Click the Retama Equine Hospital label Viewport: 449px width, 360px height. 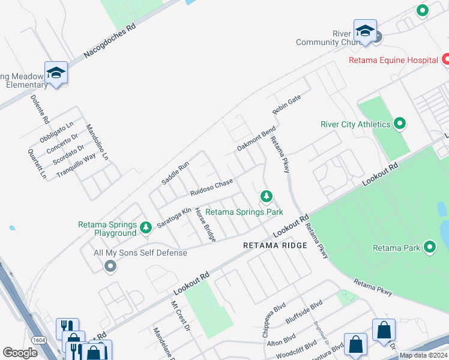pos(394,60)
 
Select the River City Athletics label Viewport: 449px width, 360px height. pos(355,125)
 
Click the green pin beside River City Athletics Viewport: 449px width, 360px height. pos(400,124)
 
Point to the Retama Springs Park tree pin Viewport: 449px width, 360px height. pos(266,196)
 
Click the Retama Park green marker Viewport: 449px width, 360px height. pos(429,247)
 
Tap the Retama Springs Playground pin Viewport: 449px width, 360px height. pos(145,228)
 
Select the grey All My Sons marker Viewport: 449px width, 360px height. pos(109,266)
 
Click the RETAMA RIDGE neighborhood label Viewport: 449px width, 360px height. pos(275,245)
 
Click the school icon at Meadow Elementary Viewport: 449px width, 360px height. pos(56,73)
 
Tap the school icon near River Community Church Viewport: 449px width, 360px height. pos(365,32)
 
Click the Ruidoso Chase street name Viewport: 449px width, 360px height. pos(211,188)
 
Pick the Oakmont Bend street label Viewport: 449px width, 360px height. pos(256,139)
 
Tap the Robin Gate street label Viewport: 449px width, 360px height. pos(286,104)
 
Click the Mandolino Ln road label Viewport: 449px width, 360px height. pos(97,142)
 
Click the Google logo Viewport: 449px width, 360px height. pos(20,353)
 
